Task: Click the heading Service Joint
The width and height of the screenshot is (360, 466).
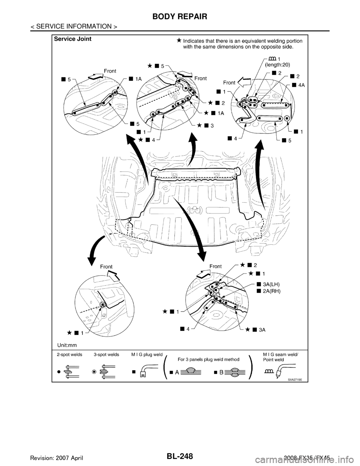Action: point(73,39)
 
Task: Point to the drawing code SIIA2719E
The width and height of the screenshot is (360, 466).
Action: point(295,379)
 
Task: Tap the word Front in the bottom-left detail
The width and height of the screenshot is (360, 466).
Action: point(106,266)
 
